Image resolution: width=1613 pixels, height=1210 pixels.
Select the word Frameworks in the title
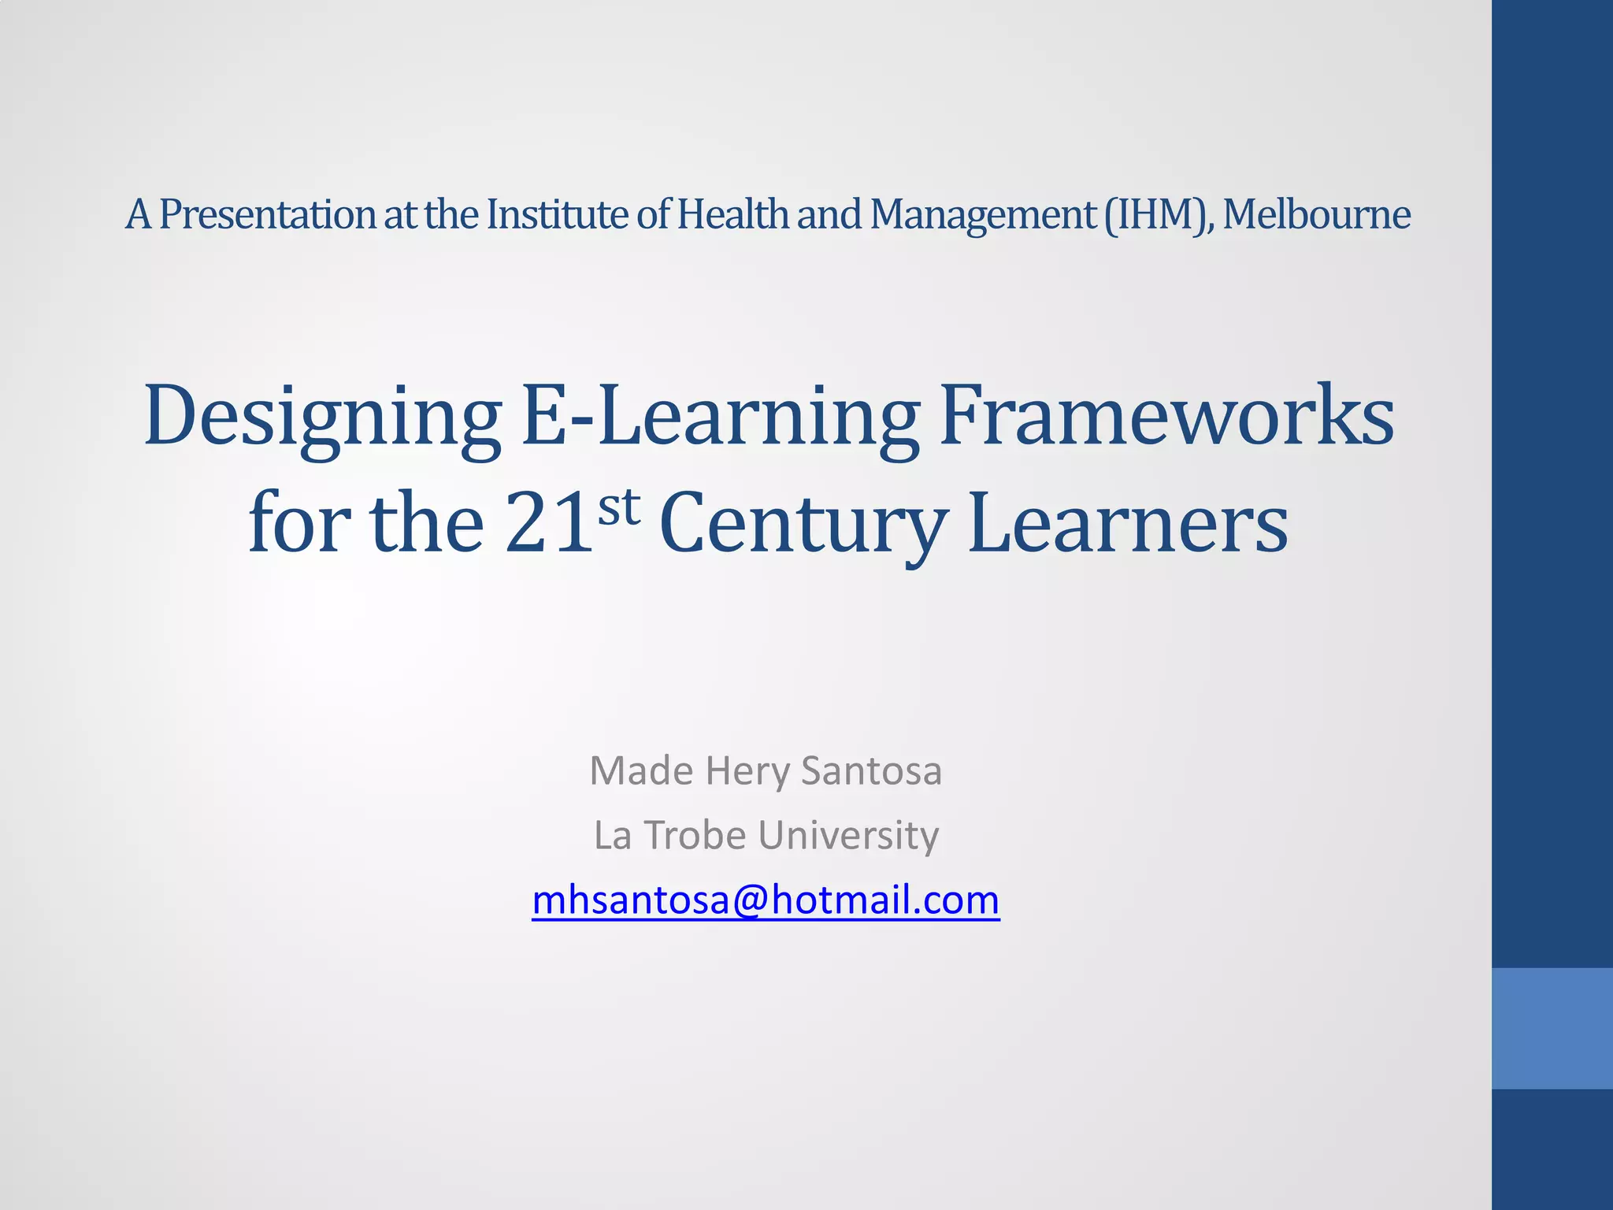pos(1166,415)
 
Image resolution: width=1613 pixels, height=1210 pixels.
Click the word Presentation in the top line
pos(268,214)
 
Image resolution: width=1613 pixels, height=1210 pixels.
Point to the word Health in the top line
pos(732,214)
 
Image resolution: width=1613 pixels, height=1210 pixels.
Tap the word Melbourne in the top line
pos(1316,214)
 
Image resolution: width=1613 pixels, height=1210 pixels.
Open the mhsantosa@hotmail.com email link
pos(766,900)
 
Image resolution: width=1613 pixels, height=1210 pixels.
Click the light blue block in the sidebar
pos(1552,1028)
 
